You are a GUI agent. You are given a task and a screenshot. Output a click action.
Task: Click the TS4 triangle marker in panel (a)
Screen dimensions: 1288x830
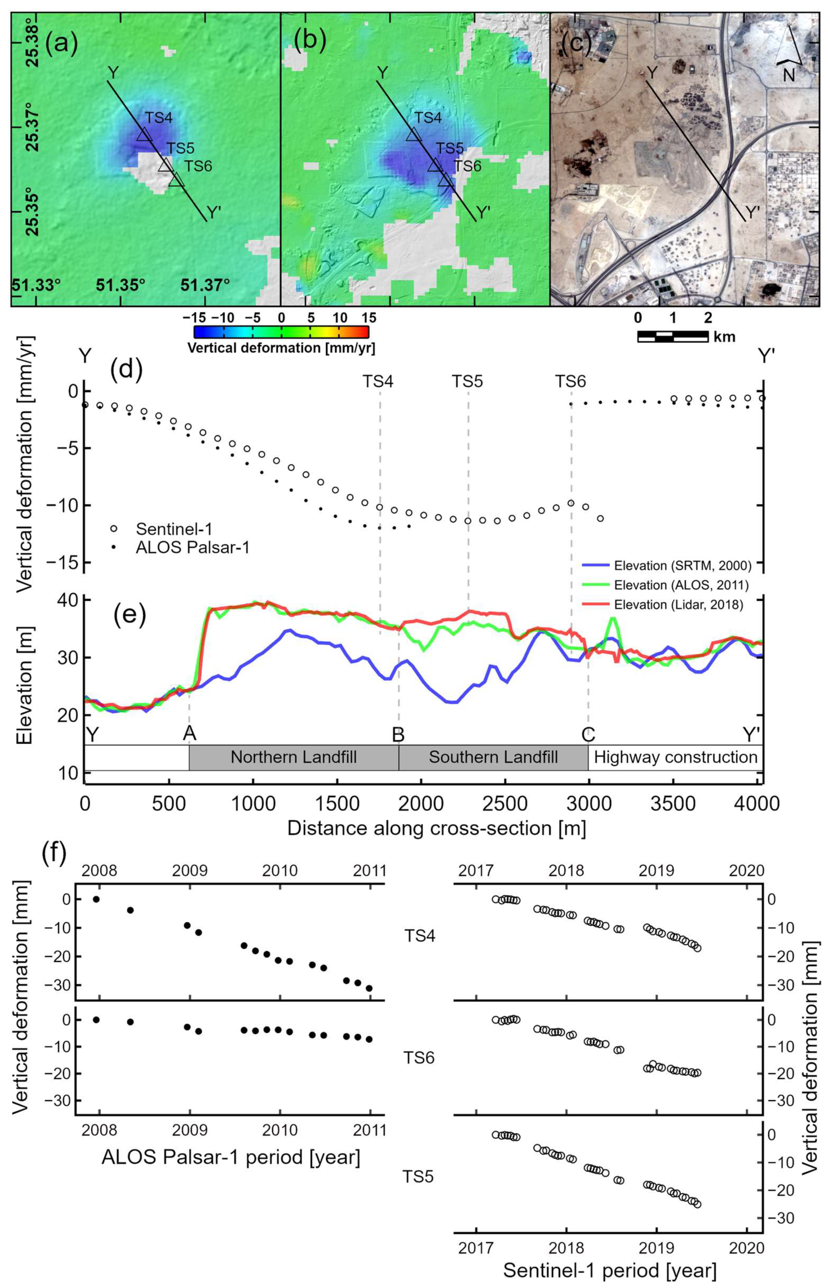(143, 135)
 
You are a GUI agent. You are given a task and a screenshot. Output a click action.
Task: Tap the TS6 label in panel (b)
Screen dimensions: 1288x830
(467, 166)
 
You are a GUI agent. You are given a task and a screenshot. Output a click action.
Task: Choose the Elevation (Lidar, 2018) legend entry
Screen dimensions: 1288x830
(679, 604)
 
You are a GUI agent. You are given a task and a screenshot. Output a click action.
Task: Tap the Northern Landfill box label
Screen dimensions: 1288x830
(293, 757)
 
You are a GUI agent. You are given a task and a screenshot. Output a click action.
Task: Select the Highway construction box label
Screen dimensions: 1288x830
(675, 757)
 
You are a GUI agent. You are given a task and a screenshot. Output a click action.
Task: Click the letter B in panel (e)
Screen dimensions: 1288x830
(398, 735)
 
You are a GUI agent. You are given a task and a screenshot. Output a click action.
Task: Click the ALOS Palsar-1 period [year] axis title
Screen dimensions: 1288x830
(231, 1157)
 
